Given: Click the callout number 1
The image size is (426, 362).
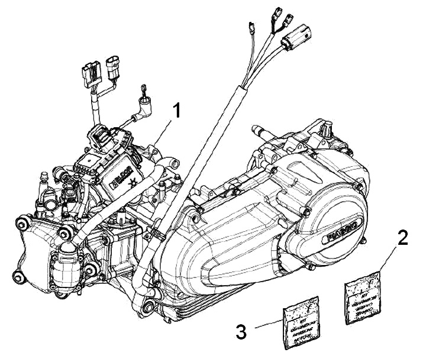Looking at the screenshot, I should (176, 111).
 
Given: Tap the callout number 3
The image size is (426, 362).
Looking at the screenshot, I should (241, 330).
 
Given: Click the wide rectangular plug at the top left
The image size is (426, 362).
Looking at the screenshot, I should (91, 73).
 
